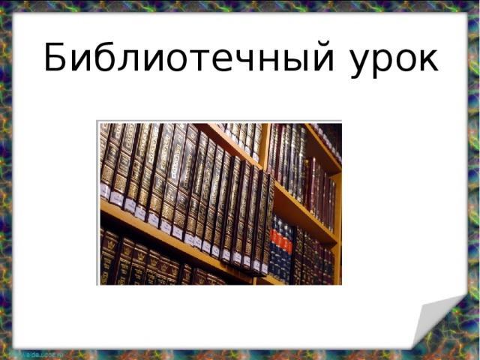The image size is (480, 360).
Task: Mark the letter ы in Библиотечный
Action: pyautogui.click(x=289, y=60)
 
